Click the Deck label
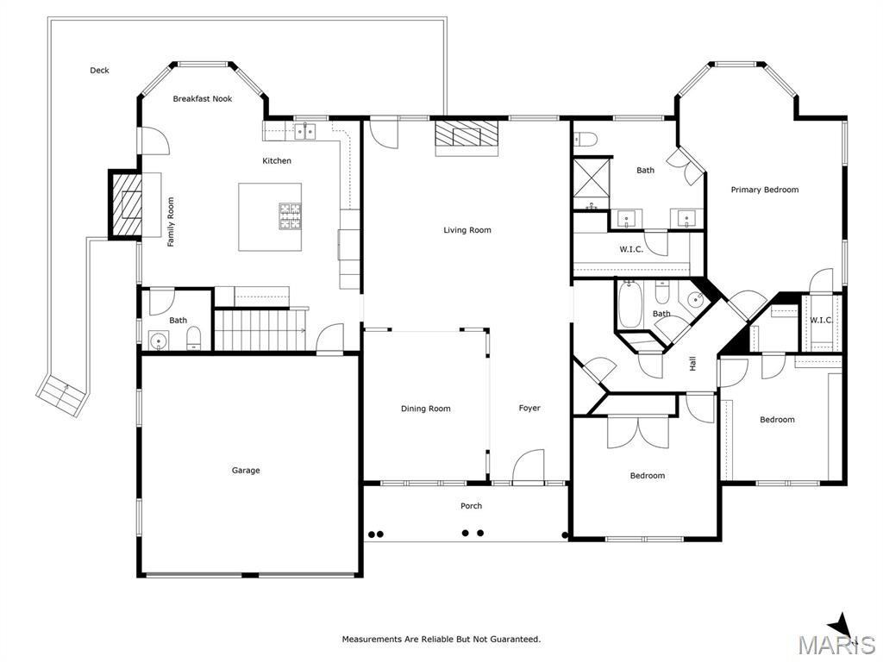(x=99, y=71)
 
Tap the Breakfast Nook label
(x=202, y=98)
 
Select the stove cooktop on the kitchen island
(x=290, y=216)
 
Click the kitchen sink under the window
(x=305, y=132)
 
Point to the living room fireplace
(x=467, y=137)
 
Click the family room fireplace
(x=127, y=204)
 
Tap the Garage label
(x=246, y=470)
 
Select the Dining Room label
(x=426, y=409)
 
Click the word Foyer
(x=529, y=408)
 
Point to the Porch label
(x=472, y=505)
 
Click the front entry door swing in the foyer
(x=529, y=466)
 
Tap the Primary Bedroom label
(x=765, y=190)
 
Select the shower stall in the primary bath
(x=592, y=184)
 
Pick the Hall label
(x=692, y=363)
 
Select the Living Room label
(x=467, y=229)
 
